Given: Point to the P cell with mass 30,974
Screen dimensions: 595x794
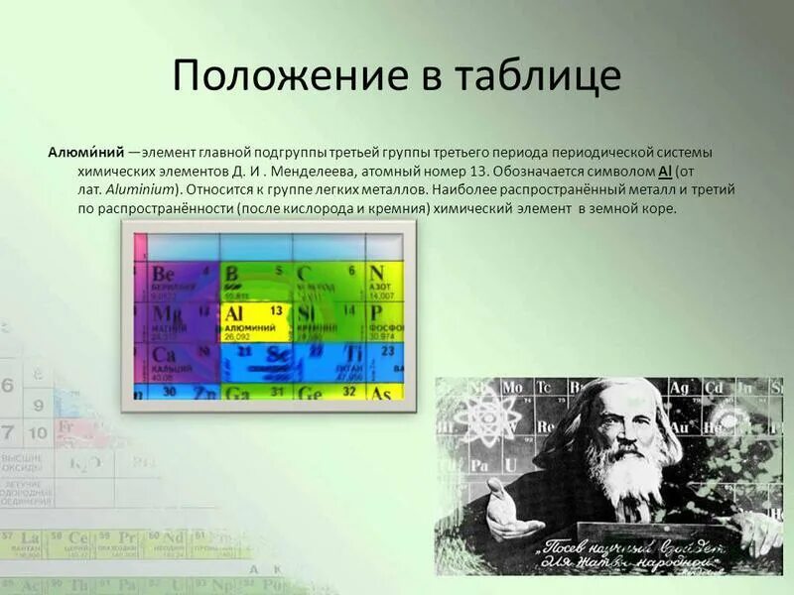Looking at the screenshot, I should coord(385,321).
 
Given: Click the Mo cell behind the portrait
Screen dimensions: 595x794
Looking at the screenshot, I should coord(513,387).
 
